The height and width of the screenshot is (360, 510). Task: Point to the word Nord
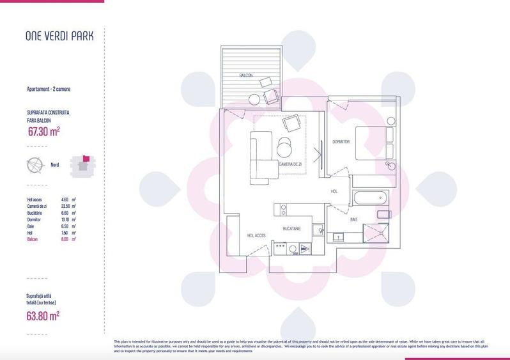pos(55,165)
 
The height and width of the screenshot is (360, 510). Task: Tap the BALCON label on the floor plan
pos(246,76)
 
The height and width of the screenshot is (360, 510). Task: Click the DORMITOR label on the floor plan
pos(341,142)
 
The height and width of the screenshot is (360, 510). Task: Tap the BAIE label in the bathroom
pos(353,219)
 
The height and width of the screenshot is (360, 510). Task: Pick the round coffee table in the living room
pos(285,149)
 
